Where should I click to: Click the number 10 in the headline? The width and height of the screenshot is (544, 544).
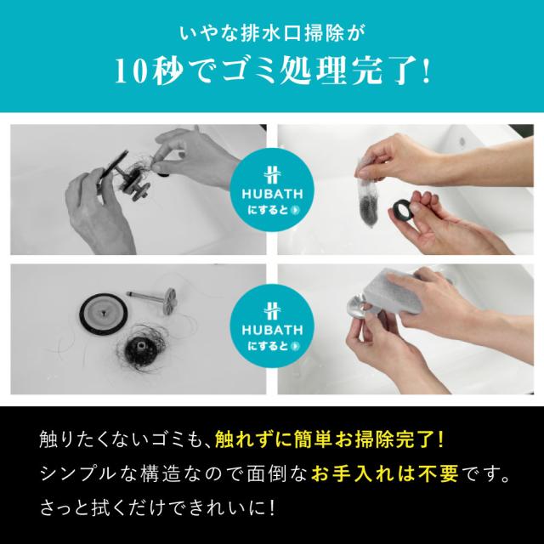(x=130, y=71)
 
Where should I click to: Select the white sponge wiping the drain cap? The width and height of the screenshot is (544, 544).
(x=393, y=291)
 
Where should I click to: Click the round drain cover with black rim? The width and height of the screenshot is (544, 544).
(x=104, y=314)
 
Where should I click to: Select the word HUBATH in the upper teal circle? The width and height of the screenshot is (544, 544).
(x=272, y=194)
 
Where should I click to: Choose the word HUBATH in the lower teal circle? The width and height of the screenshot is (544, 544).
(x=272, y=330)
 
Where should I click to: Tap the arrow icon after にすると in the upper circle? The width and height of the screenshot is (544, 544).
(x=296, y=210)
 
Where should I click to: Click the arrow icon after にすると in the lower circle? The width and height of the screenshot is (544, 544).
(x=296, y=346)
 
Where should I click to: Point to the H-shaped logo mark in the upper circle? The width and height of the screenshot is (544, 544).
(x=272, y=174)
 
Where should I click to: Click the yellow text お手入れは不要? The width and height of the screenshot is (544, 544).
(x=384, y=473)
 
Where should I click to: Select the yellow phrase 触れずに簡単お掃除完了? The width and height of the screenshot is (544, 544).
(x=329, y=439)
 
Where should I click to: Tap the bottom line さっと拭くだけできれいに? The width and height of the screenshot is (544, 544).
(x=158, y=507)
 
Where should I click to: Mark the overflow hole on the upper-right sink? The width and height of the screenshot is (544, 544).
(x=462, y=141)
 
